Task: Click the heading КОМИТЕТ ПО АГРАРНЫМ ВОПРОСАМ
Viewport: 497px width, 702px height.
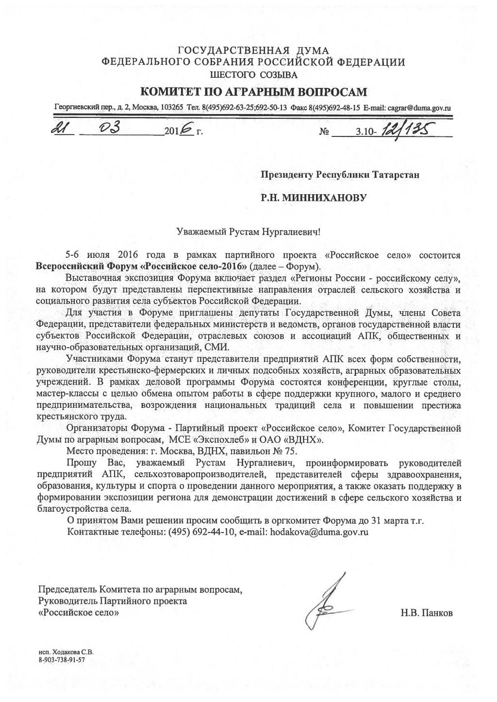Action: (253, 92)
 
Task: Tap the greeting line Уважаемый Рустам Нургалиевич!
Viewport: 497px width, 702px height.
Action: (248, 232)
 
